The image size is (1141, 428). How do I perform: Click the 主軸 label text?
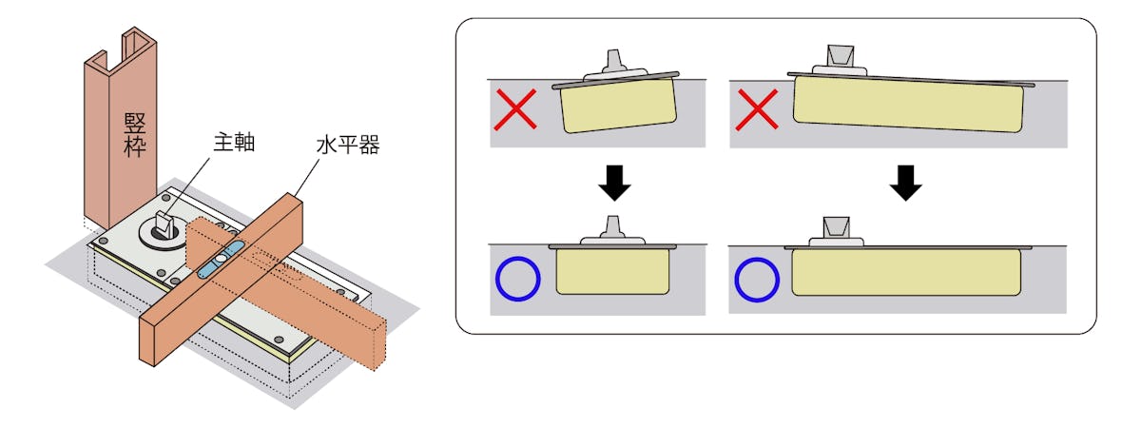pos(234,142)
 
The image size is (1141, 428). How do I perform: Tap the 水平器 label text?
pos(348,145)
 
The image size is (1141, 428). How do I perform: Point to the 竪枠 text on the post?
pos(135,134)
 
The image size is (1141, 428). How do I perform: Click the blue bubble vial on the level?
pos(220,260)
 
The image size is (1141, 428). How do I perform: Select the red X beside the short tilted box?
pos(515,109)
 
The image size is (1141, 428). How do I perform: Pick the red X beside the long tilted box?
pos(757,109)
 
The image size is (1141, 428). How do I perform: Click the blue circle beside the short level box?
pos(517,279)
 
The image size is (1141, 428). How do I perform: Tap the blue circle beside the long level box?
pos(757,280)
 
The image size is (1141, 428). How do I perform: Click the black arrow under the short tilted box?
pos(614,183)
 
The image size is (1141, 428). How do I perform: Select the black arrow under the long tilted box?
pos(905,183)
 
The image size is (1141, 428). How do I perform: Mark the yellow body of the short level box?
pos(612,272)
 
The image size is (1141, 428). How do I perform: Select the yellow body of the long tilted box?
pos(908,105)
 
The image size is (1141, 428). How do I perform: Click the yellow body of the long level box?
pos(906,273)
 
